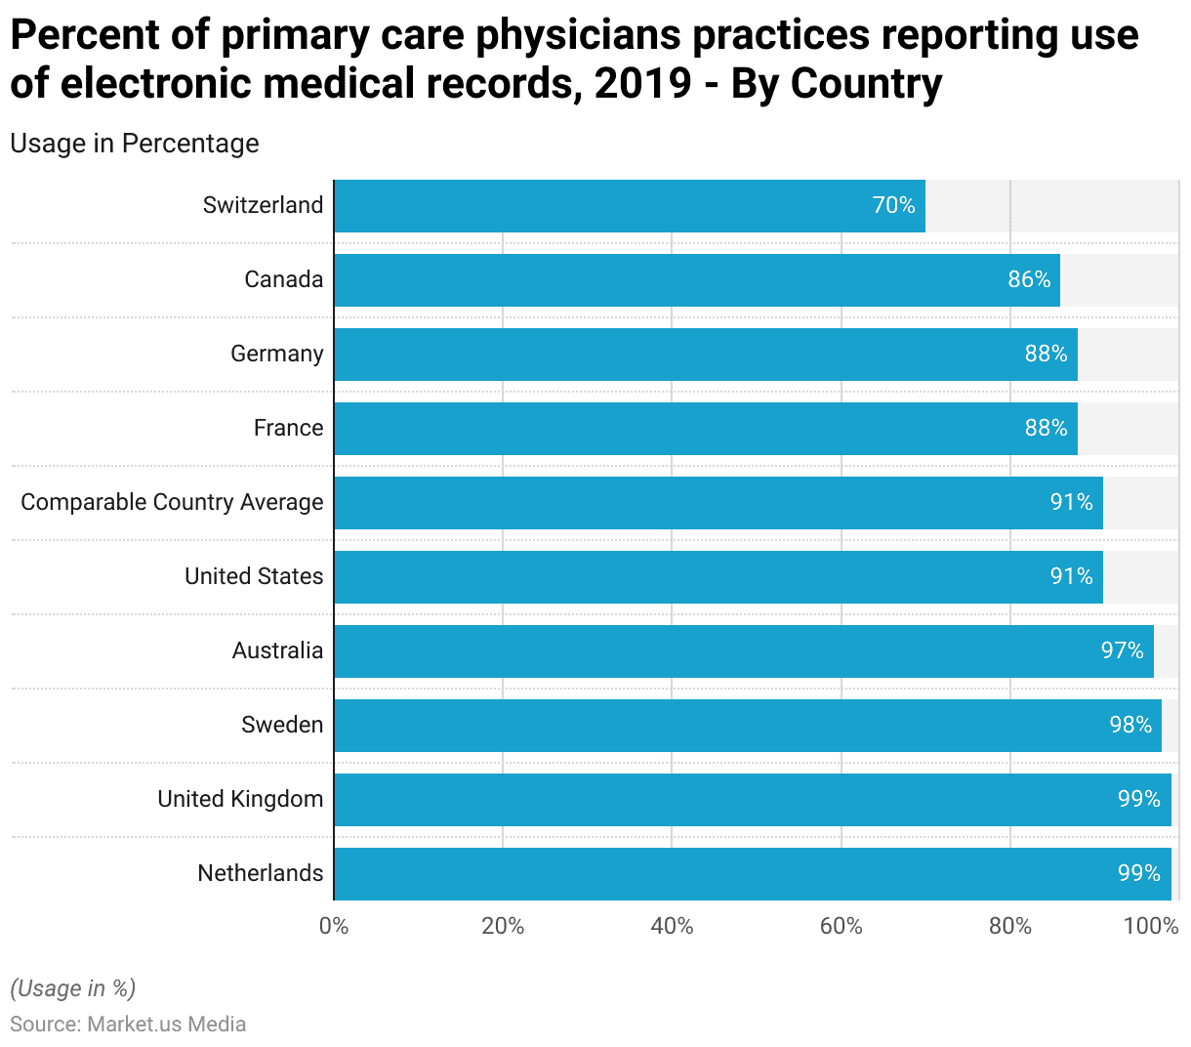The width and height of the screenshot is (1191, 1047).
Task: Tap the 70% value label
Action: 893,205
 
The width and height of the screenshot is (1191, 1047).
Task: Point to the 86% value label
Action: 1029,279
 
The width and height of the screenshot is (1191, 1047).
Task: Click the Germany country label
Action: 276,354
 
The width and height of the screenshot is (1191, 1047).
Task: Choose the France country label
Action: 288,428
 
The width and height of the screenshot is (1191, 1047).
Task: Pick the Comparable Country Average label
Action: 172,502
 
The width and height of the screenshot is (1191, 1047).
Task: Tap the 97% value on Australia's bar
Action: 1122,650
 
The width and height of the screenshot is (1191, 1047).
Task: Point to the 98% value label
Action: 1130,725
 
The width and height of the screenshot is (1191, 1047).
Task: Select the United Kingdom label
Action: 240,799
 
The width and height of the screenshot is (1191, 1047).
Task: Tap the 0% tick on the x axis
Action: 334,926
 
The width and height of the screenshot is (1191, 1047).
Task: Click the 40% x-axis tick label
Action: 672,926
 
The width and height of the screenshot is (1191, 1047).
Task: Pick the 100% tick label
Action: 1151,926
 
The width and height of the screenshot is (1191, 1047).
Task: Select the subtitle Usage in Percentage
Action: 135,144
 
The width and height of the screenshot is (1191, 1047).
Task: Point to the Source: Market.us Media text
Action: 128,1024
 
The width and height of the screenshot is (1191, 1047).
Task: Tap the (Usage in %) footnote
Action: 73,988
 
